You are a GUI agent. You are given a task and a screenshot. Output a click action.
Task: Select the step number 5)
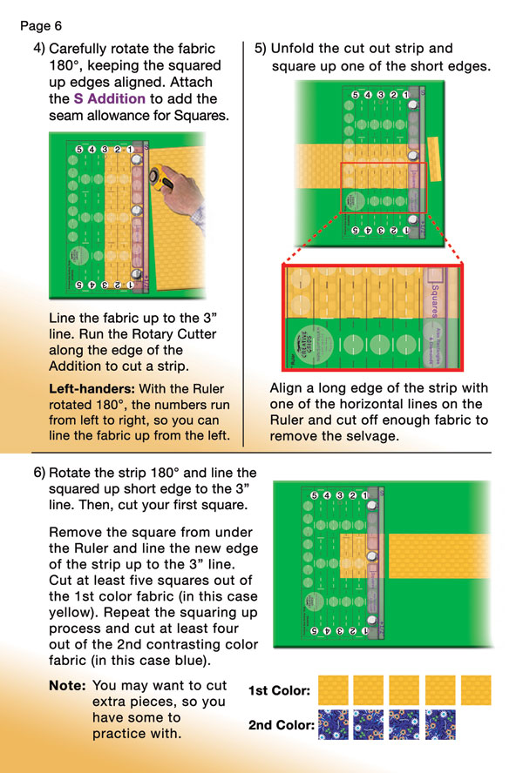(x=261, y=49)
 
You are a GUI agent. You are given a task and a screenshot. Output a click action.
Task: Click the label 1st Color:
(x=279, y=691)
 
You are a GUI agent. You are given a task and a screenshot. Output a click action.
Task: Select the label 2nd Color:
(x=281, y=724)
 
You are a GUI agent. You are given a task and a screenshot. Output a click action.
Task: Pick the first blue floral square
(x=334, y=724)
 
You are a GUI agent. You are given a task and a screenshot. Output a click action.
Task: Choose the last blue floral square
(x=441, y=724)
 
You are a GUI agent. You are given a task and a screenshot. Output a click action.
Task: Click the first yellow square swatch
(x=334, y=690)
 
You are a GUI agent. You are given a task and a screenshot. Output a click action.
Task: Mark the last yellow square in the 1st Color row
(x=477, y=690)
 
